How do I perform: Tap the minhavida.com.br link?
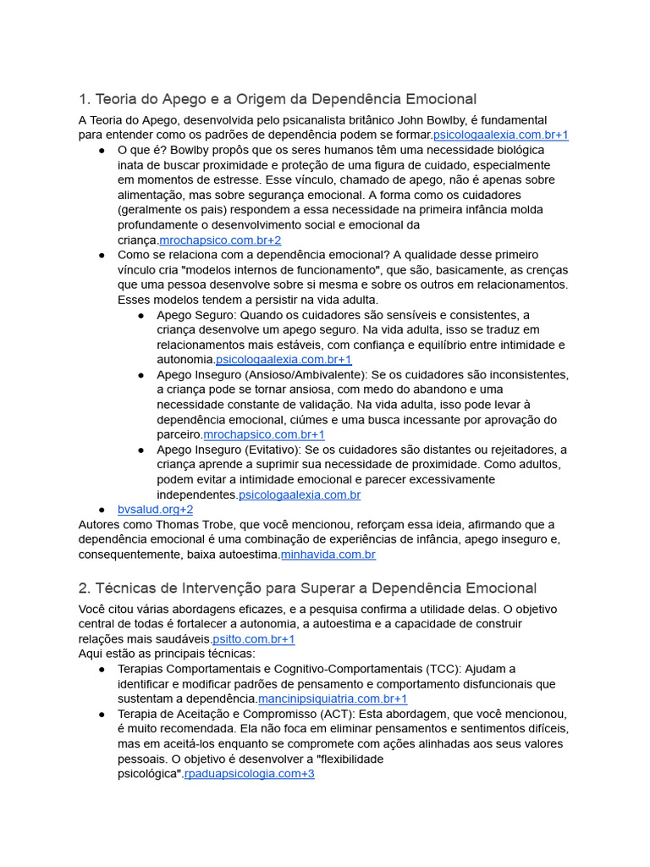[328, 555]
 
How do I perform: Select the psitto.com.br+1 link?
[254, 639]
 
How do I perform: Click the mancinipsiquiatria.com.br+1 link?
[333, 699]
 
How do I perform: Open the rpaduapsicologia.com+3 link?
[250, 774]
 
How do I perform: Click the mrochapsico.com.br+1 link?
[264, 435]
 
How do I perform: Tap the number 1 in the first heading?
[82, 99]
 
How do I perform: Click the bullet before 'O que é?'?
[102, 151]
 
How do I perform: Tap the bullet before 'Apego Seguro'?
[140, 315]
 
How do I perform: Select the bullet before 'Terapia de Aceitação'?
[102, 714]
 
